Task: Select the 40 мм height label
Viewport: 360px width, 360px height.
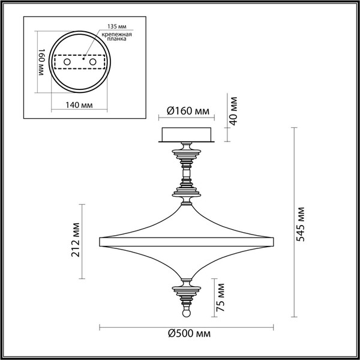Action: pos(235,112)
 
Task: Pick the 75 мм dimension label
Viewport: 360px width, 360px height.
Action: pos(221,297)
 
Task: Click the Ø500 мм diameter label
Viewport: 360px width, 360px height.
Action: pos(188,335)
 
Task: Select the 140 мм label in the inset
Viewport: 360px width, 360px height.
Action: pos(78,104)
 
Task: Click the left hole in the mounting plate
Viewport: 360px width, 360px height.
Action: pos(67,62)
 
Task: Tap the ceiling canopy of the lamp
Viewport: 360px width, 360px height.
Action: pos(187,135)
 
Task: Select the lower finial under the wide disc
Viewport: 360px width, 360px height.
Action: pos(186,291)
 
